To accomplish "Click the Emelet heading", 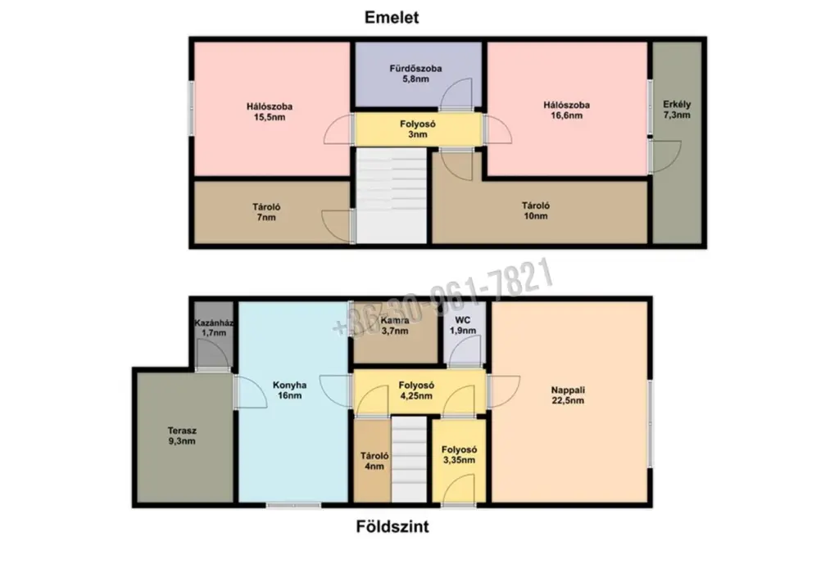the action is (392, 17).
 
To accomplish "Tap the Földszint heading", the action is (392, 526).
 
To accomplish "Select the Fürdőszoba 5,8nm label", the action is (415, 74).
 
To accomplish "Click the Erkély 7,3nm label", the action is (677, 110).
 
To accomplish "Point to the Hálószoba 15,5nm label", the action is (270, 111).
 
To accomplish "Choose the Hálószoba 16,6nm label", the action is (567, 111).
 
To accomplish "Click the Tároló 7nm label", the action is (266, 212).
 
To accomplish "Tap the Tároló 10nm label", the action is (536, 210).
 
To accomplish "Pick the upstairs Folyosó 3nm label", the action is (418, 129).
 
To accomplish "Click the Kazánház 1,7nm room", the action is (214, 335).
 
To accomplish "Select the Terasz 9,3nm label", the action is (182, 435).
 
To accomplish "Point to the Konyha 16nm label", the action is (289, 390).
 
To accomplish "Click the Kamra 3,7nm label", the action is (395, 326).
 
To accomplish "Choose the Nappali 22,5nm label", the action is (568, 395).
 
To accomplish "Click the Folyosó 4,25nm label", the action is (416, 390).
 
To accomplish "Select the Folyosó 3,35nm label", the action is (459, 455).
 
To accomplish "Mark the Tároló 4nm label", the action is (374, 461).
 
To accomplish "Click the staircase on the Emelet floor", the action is (392, 196).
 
